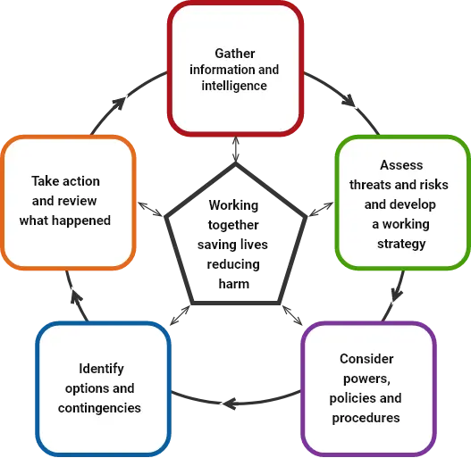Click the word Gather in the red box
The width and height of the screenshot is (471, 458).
click(235, 54)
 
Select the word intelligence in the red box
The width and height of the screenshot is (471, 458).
click(234, 86)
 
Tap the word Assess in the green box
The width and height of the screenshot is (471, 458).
click(401, 165)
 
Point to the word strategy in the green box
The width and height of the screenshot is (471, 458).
click(401, 244)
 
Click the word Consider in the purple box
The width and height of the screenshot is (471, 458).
click(366, 359)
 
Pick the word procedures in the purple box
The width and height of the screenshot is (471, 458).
click(366, 418)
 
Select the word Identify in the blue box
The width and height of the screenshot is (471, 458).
click(101, 369)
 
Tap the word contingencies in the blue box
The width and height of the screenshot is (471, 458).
click(99, 408)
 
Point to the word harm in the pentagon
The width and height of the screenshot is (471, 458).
click(233, 284)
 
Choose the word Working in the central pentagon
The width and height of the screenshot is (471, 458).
click(233, 205)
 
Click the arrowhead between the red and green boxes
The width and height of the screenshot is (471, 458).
click(349, 101)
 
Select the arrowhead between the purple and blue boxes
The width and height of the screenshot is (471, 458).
click(230, 404)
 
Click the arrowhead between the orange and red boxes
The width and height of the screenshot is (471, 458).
click(119, 103)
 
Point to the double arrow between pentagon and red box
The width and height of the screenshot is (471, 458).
click(236, 149)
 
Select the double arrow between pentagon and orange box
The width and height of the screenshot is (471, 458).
click(150, 209)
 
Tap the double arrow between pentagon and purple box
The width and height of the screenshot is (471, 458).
click(292, 315)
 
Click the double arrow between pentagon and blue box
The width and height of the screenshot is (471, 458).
click(180, 315)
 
